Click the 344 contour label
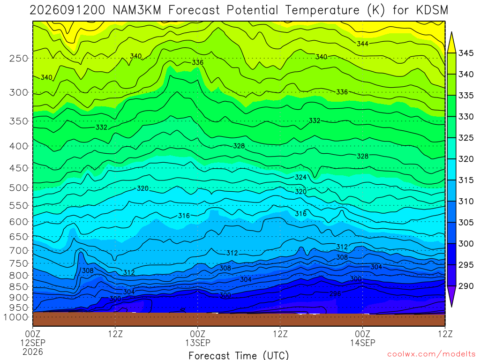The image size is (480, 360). (x=362, y=44)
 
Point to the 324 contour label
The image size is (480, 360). (x=300, y=177)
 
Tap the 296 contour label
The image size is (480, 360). (x=335, y=294)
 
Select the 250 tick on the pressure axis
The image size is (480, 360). (x=19, y=58)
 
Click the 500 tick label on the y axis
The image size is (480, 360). (x=19, y=187)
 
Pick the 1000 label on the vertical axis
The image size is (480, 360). (x=15, y=317)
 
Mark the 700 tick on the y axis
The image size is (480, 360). (x=19, y=251)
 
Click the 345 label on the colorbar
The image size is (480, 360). (x=466, y=53)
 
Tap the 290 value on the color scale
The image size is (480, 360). (x=466, y=286)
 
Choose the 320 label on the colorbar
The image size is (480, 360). (x=466, y=159)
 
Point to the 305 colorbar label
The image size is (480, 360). (x=466, y=223)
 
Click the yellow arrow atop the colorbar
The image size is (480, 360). (x=451, y=42)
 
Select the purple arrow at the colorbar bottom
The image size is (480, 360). (x=451, y=296)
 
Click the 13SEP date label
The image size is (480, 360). (x=198, y=343)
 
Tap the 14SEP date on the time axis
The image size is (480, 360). (x=363, y=343)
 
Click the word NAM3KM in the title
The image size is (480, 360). (x=137, y=10)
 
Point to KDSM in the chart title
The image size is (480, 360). (x=432, y=10)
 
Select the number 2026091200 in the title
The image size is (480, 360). (x=67, y=10)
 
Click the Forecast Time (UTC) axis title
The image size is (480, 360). (x=239, y=355)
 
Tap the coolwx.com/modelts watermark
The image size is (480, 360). (x=431, y=354)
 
